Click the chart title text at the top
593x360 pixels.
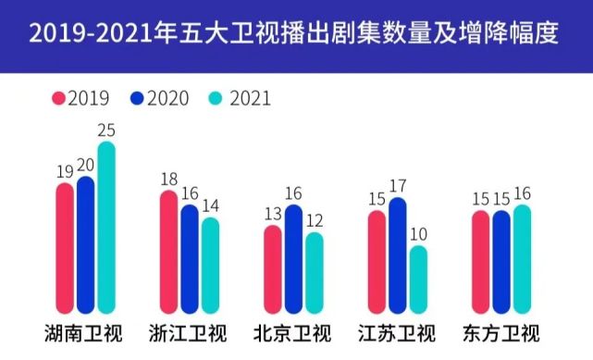(x=296, y=35)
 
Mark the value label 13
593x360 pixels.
(x=273, y=215)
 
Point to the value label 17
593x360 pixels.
(x=398, y=186)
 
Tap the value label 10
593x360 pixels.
(x=419, y=234)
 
